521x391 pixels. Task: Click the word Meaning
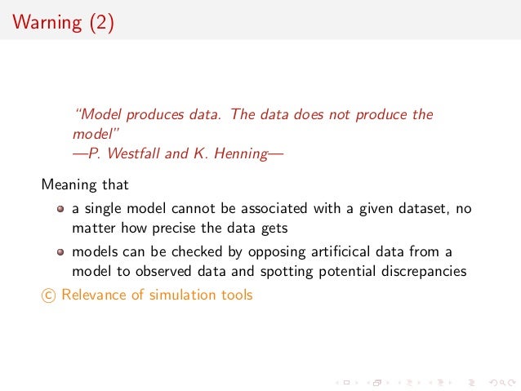click(68, 185)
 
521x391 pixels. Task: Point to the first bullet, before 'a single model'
click(60, 209)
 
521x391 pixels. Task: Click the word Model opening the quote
click(99, 114)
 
